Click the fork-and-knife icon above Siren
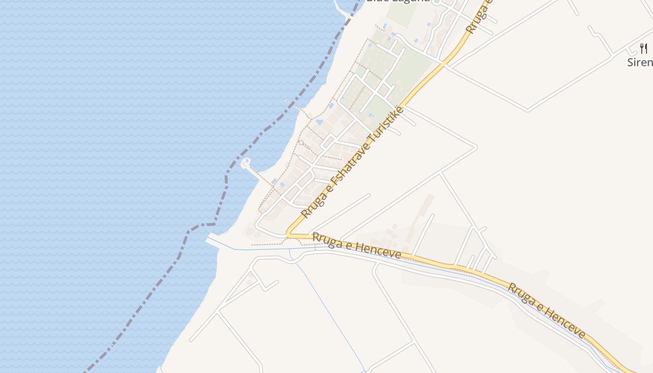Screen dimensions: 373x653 644,48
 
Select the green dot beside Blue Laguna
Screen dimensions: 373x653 437,1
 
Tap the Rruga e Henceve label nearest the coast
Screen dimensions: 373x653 356,246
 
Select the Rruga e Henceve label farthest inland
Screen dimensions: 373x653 546,310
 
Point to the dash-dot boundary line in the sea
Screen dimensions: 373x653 154,289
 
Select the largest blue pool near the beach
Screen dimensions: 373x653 319,122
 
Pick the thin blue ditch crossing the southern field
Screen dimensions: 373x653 331,312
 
